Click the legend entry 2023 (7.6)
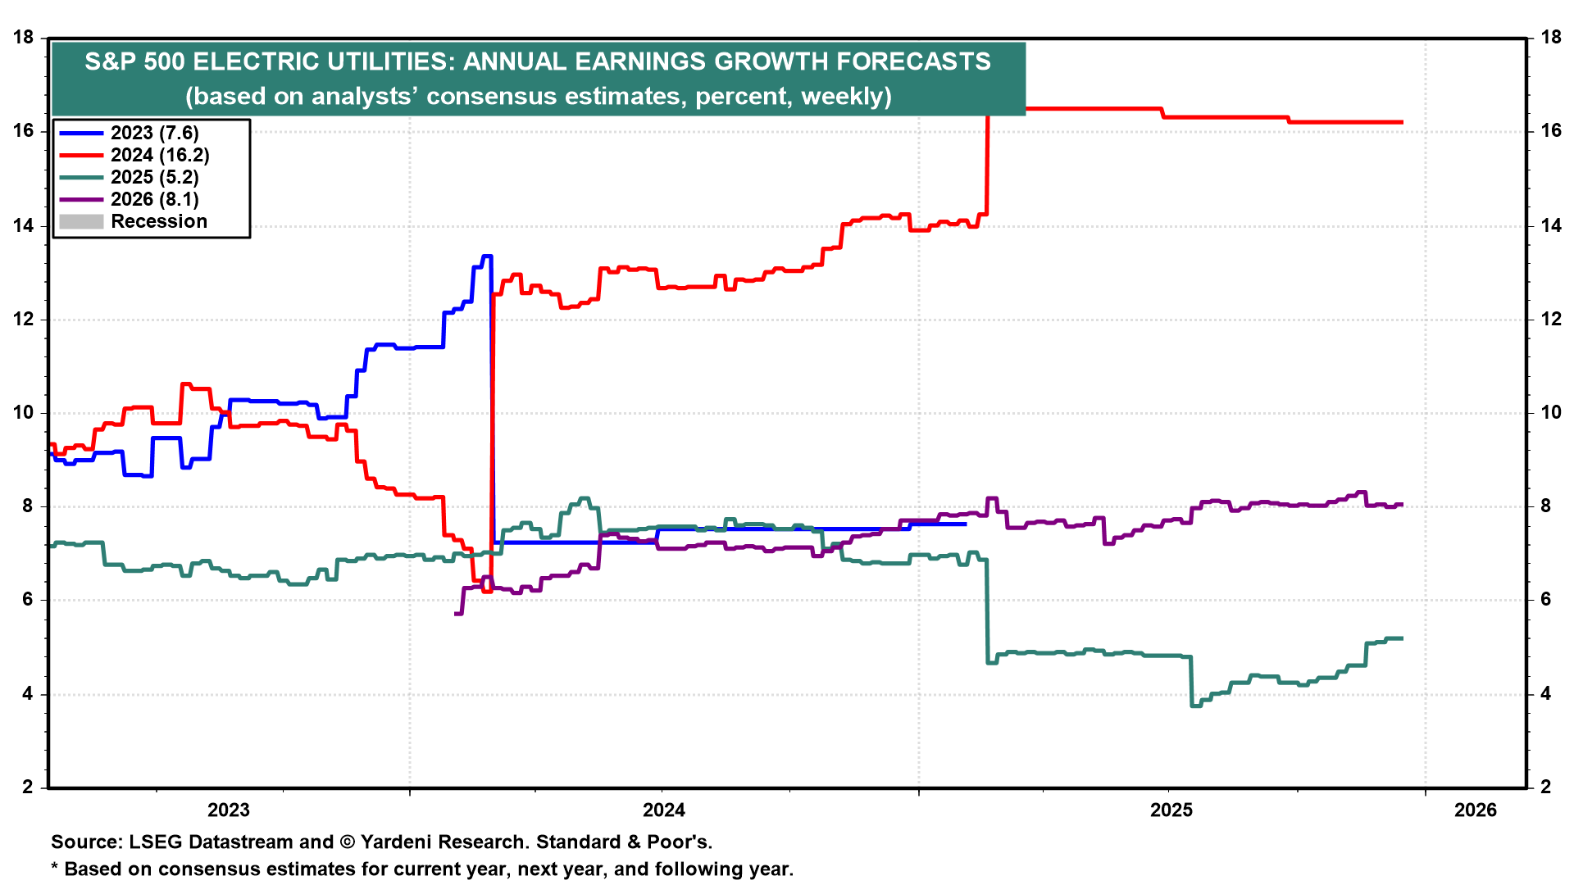tap(154, 133)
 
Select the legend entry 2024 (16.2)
tap(160, 155)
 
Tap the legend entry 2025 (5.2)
tap(154, 177)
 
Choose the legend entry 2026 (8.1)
tap(154, 199)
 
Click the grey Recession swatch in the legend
tap(81, 221)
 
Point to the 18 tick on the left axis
tap(23, 38)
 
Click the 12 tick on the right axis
tap(1551, 320)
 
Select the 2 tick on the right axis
tap(1545, 787)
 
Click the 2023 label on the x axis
tap(229, 810)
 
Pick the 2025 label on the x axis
tap(1171, 810)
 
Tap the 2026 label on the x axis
tap(1476, 810)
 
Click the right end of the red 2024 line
tap(1402, 123)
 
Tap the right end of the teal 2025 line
tap(1402, 638)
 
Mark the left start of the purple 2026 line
tap(456, 613)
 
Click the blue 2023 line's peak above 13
tap(486, 256)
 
